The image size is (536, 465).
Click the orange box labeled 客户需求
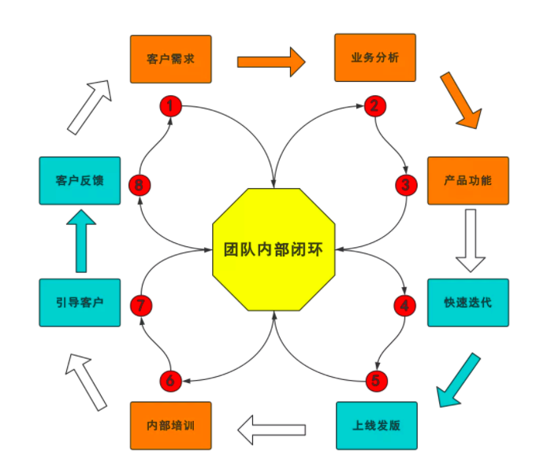pos(170,59)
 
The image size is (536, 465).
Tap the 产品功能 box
pos(467,180)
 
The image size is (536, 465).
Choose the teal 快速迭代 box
pos(467,302)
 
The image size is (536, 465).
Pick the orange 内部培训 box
pos(170,426)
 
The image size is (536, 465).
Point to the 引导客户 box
pos(80,302)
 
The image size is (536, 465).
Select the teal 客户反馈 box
pos(80,180)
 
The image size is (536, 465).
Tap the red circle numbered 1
pos(171,105)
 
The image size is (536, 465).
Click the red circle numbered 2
pos(375,105)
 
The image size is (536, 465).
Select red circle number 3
pos(405,185)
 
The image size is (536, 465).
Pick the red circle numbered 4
pos(405,304)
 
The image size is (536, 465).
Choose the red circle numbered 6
pos(171,381)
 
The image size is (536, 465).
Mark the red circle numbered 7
pos(140,304)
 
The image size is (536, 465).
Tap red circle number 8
pos(140,185)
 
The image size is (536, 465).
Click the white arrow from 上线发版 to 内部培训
pos(272,429)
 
